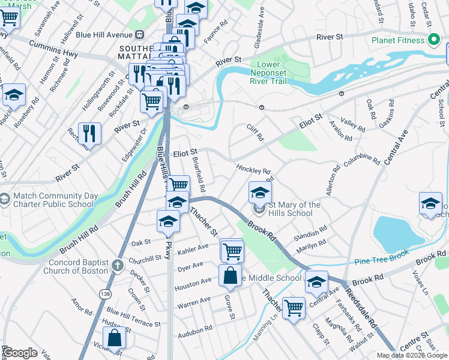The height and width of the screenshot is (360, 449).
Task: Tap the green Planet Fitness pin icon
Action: [435, 41]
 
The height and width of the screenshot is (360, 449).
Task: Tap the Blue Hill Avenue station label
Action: [100, 34]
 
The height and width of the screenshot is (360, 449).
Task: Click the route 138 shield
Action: [106, 293]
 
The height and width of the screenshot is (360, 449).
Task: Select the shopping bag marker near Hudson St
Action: [114, 338]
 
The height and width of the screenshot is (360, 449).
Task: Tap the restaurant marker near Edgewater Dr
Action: [89, 134]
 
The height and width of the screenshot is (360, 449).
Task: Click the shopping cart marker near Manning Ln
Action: [293, 308]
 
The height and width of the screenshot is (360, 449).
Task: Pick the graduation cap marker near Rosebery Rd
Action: [14, 95]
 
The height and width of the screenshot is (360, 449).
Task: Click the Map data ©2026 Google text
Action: [412, 355]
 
